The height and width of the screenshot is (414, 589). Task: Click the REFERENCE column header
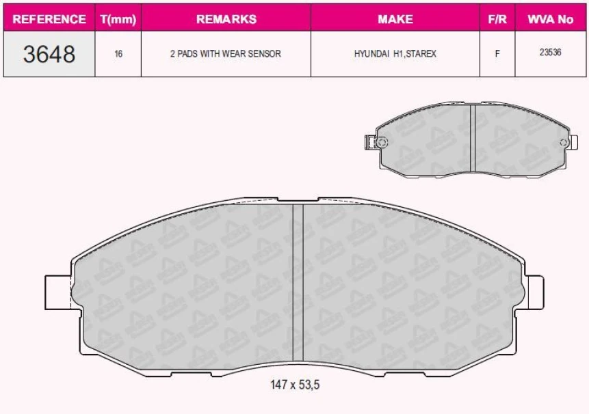tap(49, 19)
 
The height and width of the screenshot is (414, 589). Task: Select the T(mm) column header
tap(118, 19)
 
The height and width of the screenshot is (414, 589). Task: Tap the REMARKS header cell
tap(226, 19)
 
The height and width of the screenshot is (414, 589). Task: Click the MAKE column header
tap(395, 19)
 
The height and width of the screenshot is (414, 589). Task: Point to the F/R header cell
tap(497, 19)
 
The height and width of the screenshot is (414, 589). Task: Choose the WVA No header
tap(550, 19)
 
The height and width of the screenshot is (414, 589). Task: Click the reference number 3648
tap(49, 53)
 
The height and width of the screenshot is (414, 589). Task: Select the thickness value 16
tap(118, 53)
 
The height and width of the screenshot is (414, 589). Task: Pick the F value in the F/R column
tap(497, 53)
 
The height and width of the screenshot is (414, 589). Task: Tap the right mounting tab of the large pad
tap(533, 290)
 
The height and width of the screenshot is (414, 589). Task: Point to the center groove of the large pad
tap(298, 284)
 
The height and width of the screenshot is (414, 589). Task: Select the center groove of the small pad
tap(473, 140)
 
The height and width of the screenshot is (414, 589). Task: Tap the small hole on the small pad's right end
tap(563, 142)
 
